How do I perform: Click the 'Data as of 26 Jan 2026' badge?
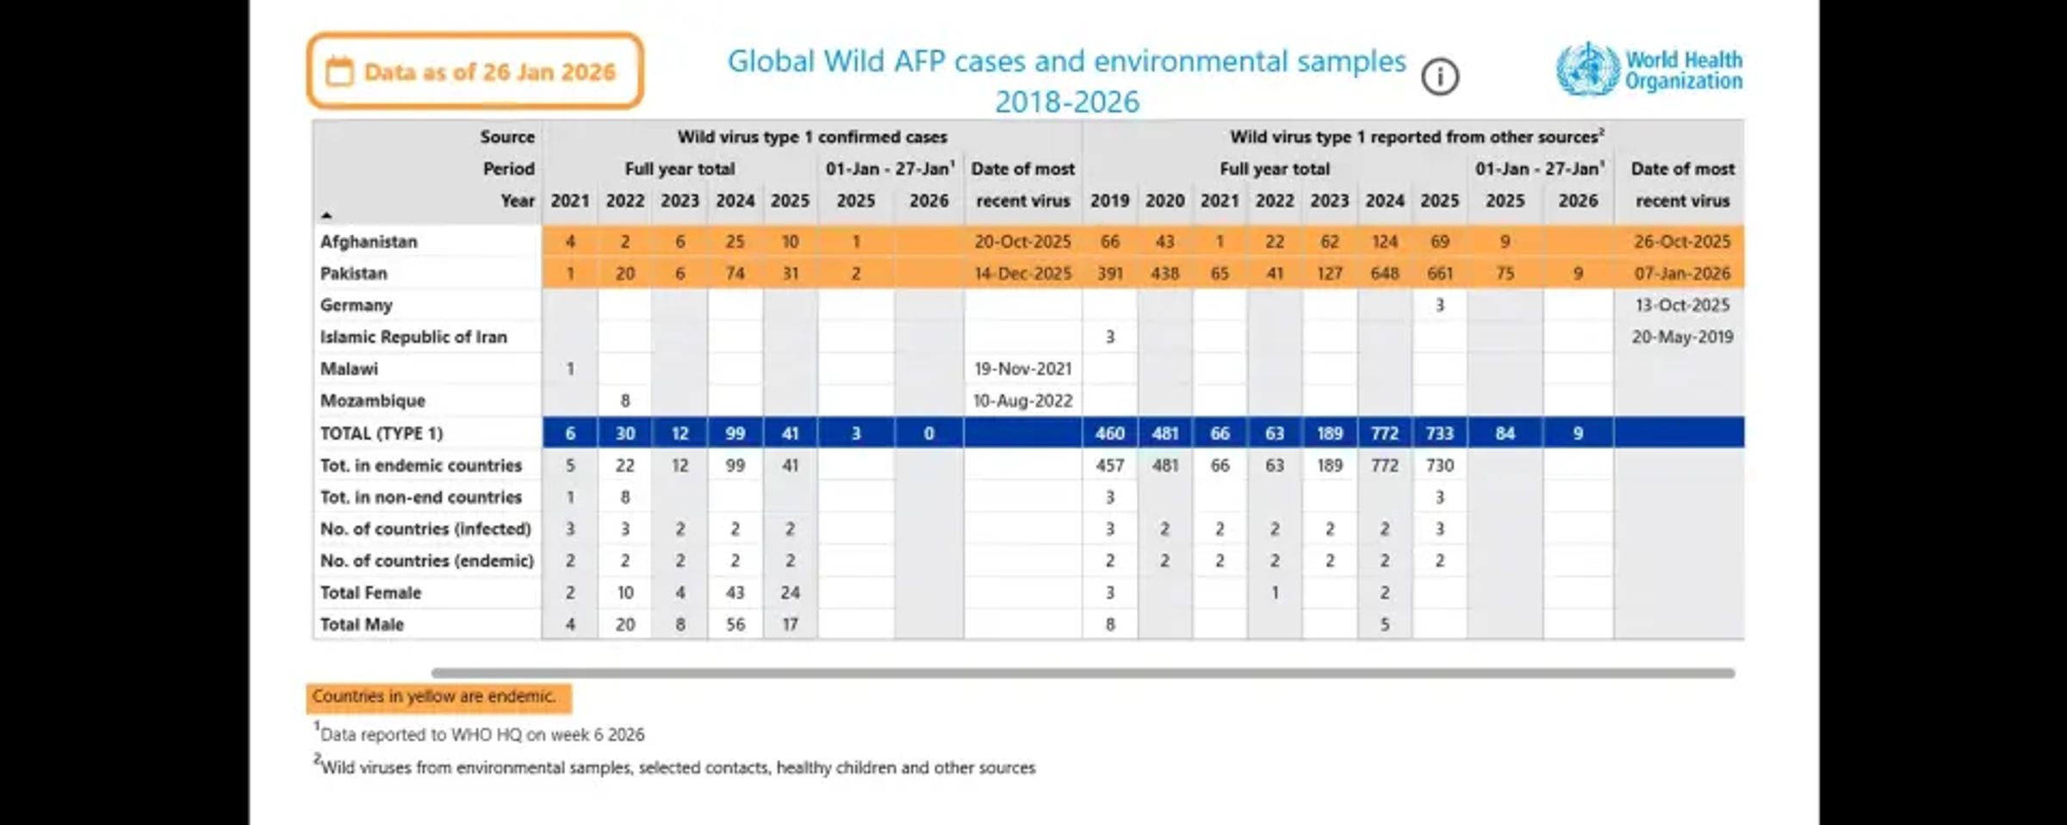(475, 71)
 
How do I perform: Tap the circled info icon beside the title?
(1439, 78)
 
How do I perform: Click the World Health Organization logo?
(1648, 70)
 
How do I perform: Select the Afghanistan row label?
(369, 242)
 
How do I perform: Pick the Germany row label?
(356, 306)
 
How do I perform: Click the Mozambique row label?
(372, 401)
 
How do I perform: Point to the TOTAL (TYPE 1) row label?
(381, 433)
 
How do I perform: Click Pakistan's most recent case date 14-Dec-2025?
(1022, 274)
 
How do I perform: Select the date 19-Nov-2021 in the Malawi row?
(1022, 369)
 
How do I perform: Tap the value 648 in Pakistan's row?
(1384, 274)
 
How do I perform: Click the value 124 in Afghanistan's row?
(1384, 242)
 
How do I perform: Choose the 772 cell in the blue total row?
(1384, 433)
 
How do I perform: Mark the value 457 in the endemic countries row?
(1109, 466)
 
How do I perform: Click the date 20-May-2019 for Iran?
(1681, 338)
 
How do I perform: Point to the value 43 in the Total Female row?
(735, 593)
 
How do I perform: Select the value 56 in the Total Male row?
(735, 625)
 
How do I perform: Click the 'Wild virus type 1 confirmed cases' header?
(811, 137)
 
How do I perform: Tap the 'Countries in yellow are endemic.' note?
(434, 697)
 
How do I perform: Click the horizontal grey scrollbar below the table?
(1082, 673)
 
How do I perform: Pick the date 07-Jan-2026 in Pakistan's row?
(1681, 274)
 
